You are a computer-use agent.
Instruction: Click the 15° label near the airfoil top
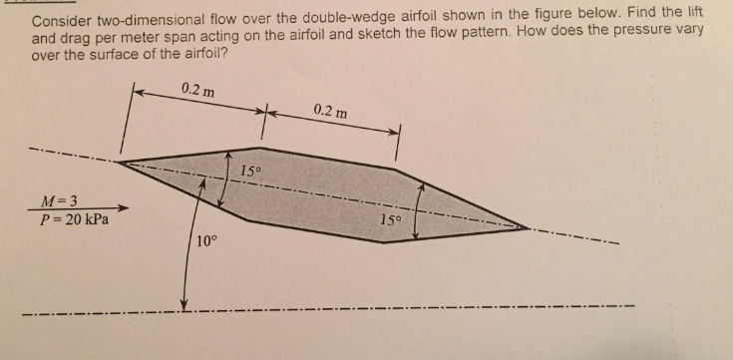tap(252, 170)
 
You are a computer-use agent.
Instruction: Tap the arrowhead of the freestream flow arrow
tap(124, 208)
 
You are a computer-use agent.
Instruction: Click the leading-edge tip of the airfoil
tap(119, 161)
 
